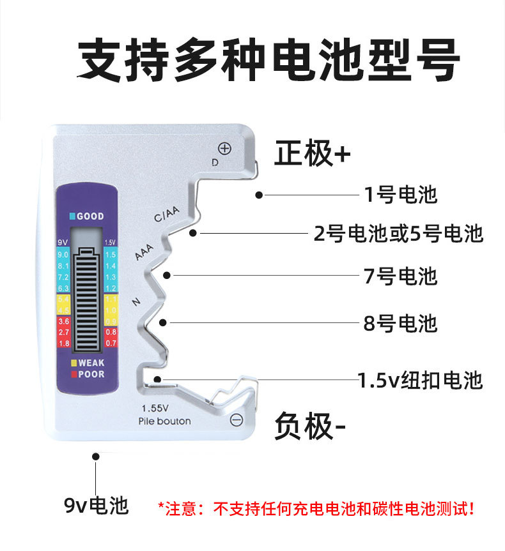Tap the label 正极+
(313, 154)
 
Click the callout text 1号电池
(401, 194)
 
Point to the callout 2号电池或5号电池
(398, 234)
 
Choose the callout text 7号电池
(400, 276)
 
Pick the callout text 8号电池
(400, 323)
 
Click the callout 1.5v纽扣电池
(420, 381)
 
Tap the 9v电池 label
(96, 505)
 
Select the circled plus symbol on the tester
(224, 149)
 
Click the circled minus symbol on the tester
(236, 419)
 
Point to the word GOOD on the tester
(90, 216)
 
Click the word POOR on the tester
(91, 374)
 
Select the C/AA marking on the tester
(168, 215)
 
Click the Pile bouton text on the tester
(164, 421)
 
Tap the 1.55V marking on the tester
(155, 408)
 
